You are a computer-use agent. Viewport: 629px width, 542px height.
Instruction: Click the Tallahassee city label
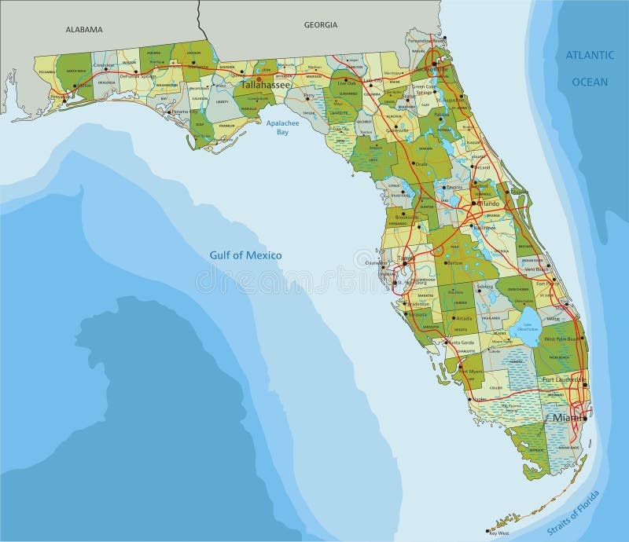tap(266, 84)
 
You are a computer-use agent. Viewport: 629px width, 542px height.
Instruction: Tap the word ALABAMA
tap(84, 30)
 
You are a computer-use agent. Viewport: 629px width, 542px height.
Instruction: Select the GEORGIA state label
tap(320, 25)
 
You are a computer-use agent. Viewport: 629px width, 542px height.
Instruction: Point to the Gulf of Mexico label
tap(245, 255)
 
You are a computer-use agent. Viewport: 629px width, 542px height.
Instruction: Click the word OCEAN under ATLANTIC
tap(590, 82)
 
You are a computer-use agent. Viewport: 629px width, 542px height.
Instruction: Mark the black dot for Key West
tap(487, 532)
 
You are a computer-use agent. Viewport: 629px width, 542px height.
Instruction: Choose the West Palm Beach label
tap(560, 339)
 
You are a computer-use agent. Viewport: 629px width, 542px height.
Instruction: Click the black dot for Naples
tap(470, 398)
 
